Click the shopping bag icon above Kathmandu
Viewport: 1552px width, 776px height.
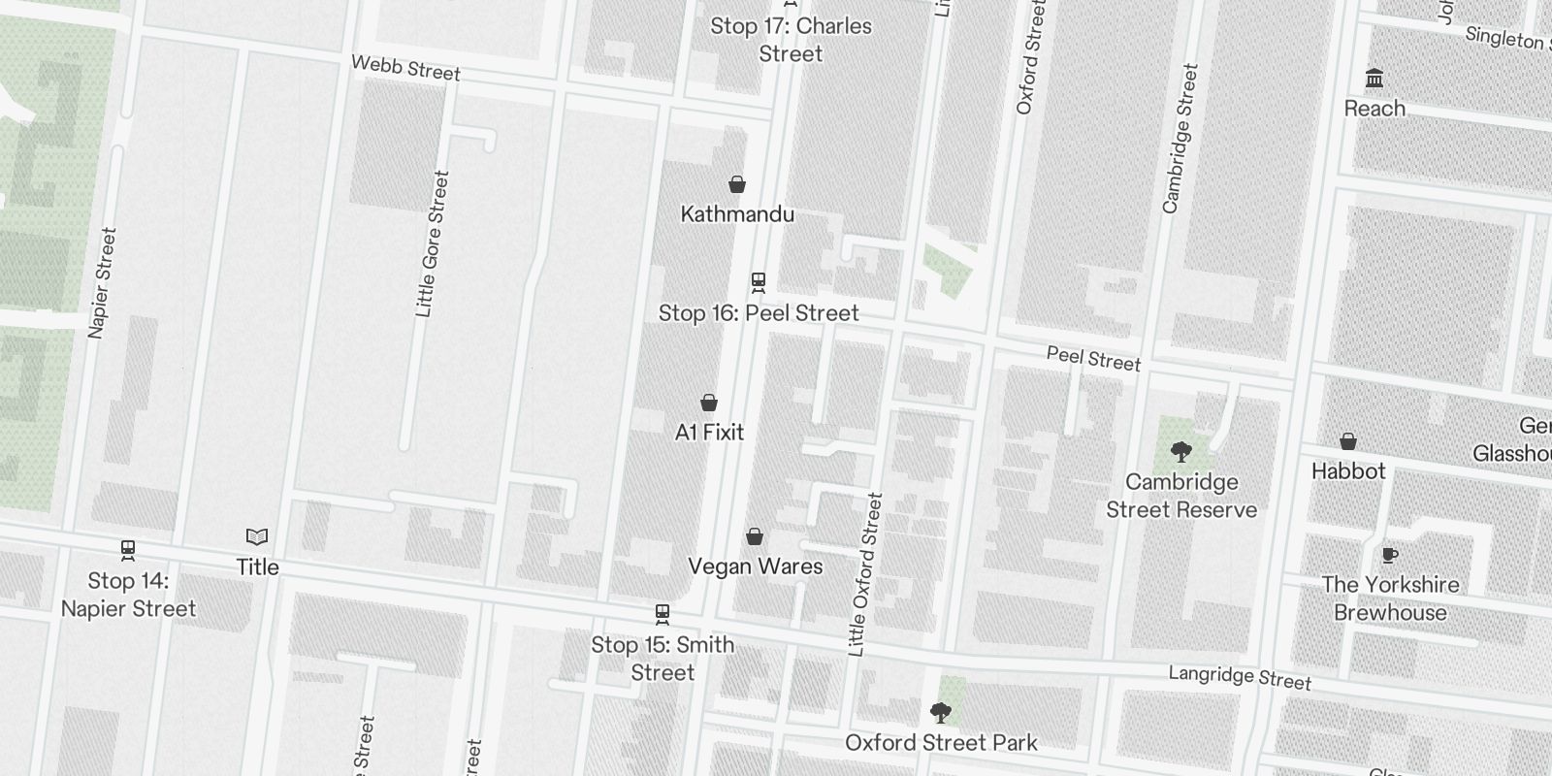(737, 184)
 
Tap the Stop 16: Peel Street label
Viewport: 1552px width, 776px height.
(759, 313)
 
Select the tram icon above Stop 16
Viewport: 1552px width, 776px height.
(759, 282)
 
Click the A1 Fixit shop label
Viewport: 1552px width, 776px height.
(709, 432)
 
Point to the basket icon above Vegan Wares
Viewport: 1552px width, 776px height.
(755, 536)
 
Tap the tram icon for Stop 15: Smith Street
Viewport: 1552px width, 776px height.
(663, 614)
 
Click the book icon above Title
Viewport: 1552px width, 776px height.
(257, 536)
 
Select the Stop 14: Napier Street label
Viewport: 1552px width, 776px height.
(128, 595)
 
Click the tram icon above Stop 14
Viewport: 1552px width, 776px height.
(128, 550)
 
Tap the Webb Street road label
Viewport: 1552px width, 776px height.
(405, 68)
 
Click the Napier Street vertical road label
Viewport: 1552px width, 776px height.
(102, 283)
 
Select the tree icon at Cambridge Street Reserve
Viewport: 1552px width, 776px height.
(1180, 451)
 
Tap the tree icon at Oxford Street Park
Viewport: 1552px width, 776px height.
(940, 713)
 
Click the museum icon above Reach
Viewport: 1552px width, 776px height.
(1374, 78)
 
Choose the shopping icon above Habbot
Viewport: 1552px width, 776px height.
(1347, 441)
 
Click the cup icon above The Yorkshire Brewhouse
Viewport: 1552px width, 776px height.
(1389, 555)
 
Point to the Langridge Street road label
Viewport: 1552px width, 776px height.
(1239, 677)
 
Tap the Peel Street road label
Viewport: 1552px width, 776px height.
(1093, 359)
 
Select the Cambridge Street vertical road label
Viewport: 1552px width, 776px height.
(1180, 139)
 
